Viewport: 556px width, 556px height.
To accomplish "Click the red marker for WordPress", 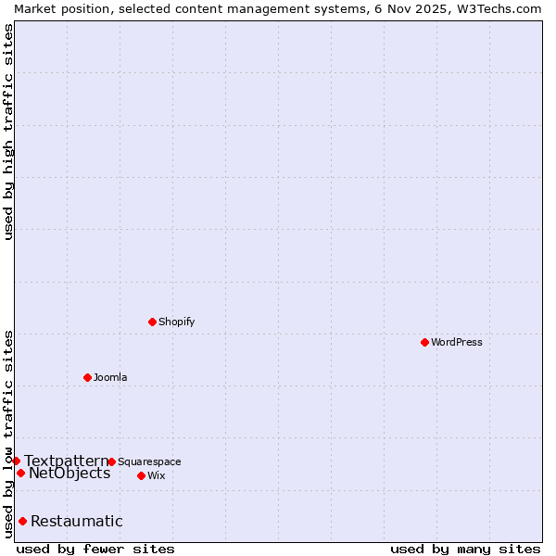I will (x=424, y=342).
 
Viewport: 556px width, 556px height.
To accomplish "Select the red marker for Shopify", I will (x=152, y=322).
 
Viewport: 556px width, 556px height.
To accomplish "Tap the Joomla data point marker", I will (x=87, y=377).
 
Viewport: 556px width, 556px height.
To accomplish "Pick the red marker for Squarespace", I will (x=111, y=461).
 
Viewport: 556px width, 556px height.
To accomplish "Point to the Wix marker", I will (x=141, y=475).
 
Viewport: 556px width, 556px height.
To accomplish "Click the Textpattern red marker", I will (x=16, y=461).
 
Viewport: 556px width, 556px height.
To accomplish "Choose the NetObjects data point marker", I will (x=20, y=473).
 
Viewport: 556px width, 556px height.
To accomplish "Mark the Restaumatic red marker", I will (x=22, y=521).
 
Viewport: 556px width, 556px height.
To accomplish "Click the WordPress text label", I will (x=457, y=342).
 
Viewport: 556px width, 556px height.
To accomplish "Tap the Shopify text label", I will (x=176, y=322).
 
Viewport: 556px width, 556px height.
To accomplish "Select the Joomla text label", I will (x=110, y=377).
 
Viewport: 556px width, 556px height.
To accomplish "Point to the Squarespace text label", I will (x=149, y=461).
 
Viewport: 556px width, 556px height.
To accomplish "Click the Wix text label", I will (x=156, y=475).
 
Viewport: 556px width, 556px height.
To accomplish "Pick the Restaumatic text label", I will (x=77, y=521).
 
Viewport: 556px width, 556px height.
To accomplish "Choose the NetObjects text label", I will (x=69, y=474).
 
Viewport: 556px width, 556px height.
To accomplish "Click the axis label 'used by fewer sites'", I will (x=95, y=549).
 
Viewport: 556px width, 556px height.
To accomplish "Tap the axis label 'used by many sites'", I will (x=465, y=549).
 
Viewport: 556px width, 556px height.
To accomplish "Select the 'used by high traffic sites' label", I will (x=8, y=132).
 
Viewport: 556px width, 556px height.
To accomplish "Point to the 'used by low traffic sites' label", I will (x=8, y=434).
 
